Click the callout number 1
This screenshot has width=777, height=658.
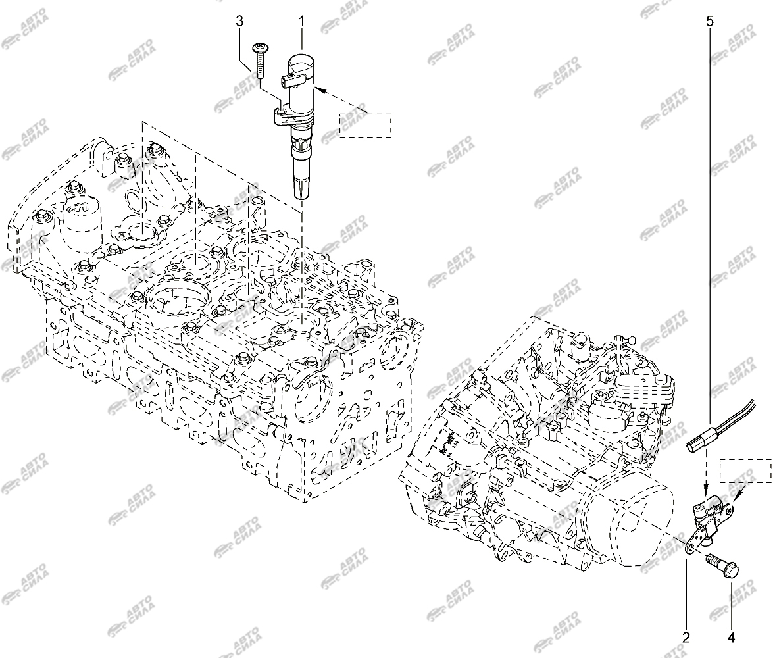302,21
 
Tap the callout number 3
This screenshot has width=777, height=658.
239,21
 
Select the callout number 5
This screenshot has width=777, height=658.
710,21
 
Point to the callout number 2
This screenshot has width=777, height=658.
686,637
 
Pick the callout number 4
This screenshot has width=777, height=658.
731,637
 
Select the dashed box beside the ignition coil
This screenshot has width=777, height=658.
366,125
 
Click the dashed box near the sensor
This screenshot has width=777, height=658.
746,470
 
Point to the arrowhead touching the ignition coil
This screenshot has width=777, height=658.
321,89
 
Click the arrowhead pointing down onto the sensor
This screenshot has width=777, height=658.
707,490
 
